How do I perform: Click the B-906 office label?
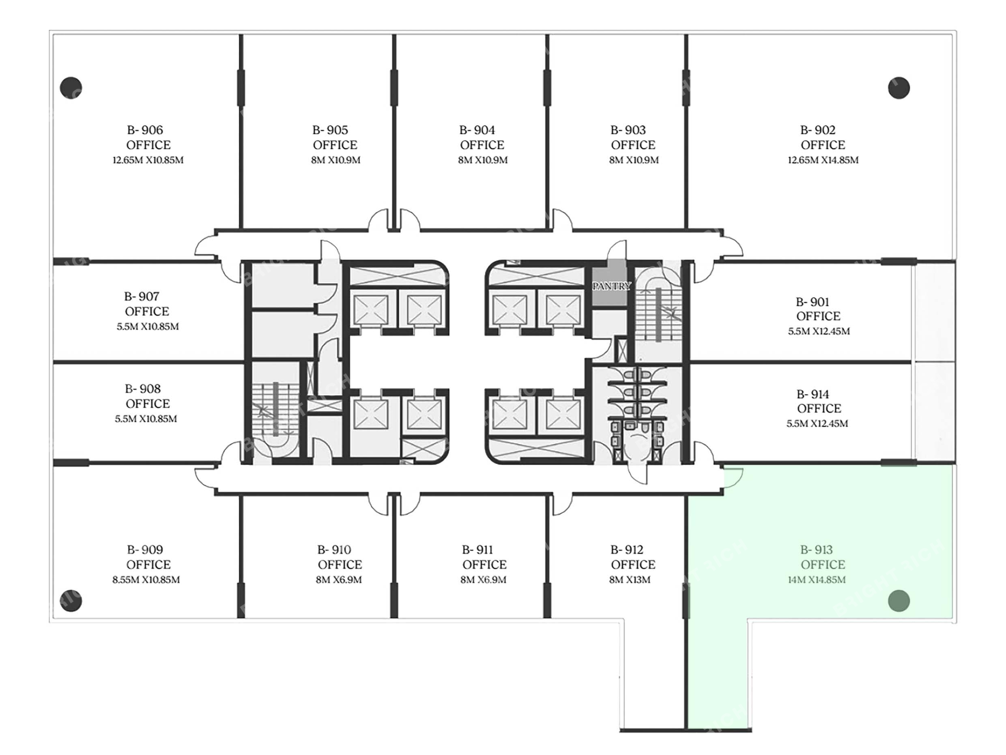coord(145,130)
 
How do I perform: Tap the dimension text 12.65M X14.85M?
coord(823,160)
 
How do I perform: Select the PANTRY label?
coord(611,286)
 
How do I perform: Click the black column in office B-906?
coord(71,88)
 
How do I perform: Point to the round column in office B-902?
coord(899,88)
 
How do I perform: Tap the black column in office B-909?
coord(71,601)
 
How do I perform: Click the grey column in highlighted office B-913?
coord(899,601)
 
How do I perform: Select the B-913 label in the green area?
coord(816,550)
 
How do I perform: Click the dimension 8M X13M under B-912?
coord(630,580)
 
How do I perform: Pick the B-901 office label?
coord(813,302)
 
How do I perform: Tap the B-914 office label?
coord(813,394)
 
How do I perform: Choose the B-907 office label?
coord(141,297)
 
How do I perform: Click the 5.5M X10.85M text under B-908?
coord(146,419)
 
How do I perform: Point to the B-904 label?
coord(477,130)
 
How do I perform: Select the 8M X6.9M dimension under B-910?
coord(339,580)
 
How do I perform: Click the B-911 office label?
coord(477,550)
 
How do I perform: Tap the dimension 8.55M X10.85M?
coord(146,580)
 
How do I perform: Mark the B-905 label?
coord(330,130)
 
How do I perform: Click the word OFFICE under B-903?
coord(633,145)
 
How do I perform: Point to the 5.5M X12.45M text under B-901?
coord(819,331)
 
